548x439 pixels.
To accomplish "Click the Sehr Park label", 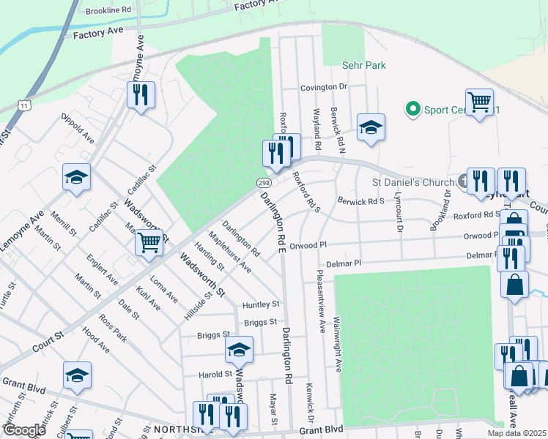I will (364, 65).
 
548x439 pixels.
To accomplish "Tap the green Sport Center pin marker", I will (412, 110).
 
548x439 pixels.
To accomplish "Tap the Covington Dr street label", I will (323, 87).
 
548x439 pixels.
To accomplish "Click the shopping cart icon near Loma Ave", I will (149, 241).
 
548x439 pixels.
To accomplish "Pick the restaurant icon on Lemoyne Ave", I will (141, 94).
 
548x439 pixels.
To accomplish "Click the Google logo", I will (24, 429).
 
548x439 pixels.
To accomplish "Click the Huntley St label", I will (262, 304).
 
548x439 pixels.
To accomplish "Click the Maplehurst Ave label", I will (230, 252).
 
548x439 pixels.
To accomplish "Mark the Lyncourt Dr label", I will (400, 213).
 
